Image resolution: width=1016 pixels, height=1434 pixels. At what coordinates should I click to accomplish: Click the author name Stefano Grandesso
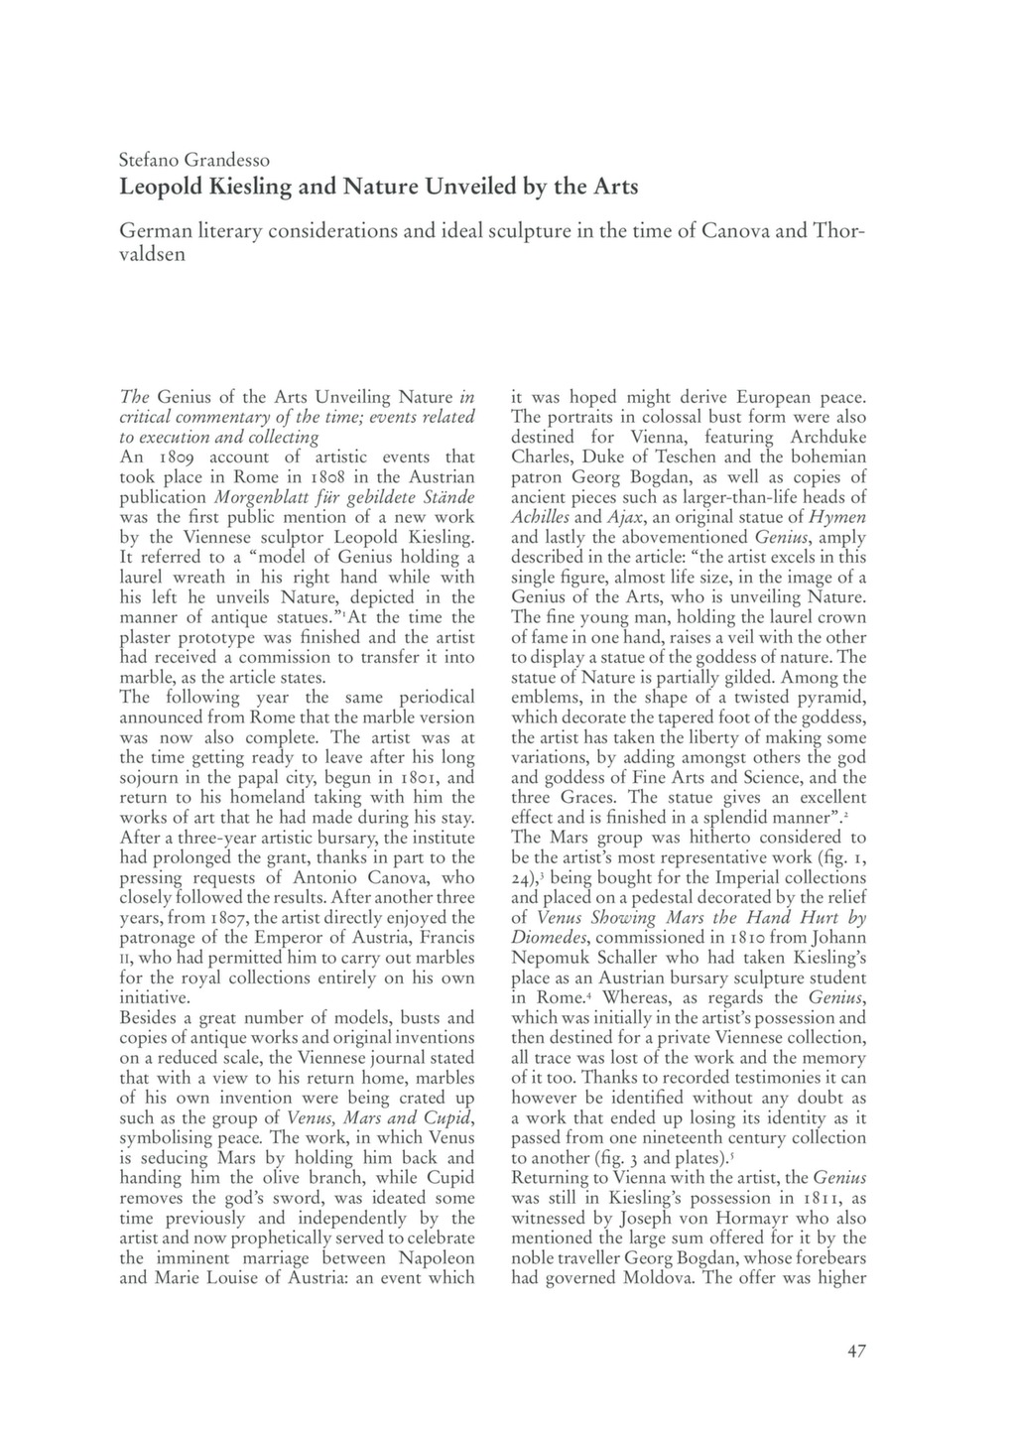click(194, 159)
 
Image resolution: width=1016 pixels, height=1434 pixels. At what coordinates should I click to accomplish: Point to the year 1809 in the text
click(179, 457)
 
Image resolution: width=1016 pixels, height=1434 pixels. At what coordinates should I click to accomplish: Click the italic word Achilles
click(541, 517)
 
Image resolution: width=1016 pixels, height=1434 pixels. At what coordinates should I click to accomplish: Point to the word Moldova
click(658, 1278)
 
